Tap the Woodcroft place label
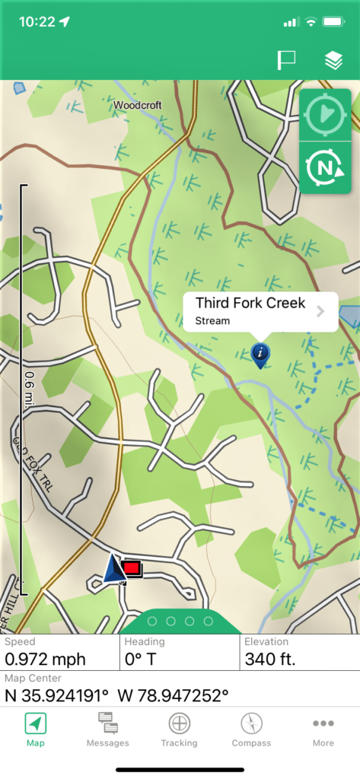[138, 105]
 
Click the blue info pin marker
[260, 353]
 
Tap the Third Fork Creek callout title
[250, 304]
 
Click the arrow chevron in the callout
[320, 311]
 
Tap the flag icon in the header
[286, 61]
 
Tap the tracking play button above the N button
[325, 116]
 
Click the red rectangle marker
[132, 568]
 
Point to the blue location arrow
[113, 569]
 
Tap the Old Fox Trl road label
[28, 463]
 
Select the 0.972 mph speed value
[46, 660]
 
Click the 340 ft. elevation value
[270, 660]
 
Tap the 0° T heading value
[140, 660]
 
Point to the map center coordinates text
[117, 695]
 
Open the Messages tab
[107, 730]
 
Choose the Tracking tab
[179, 730]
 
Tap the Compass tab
[251, 730]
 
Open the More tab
[323, 730]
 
